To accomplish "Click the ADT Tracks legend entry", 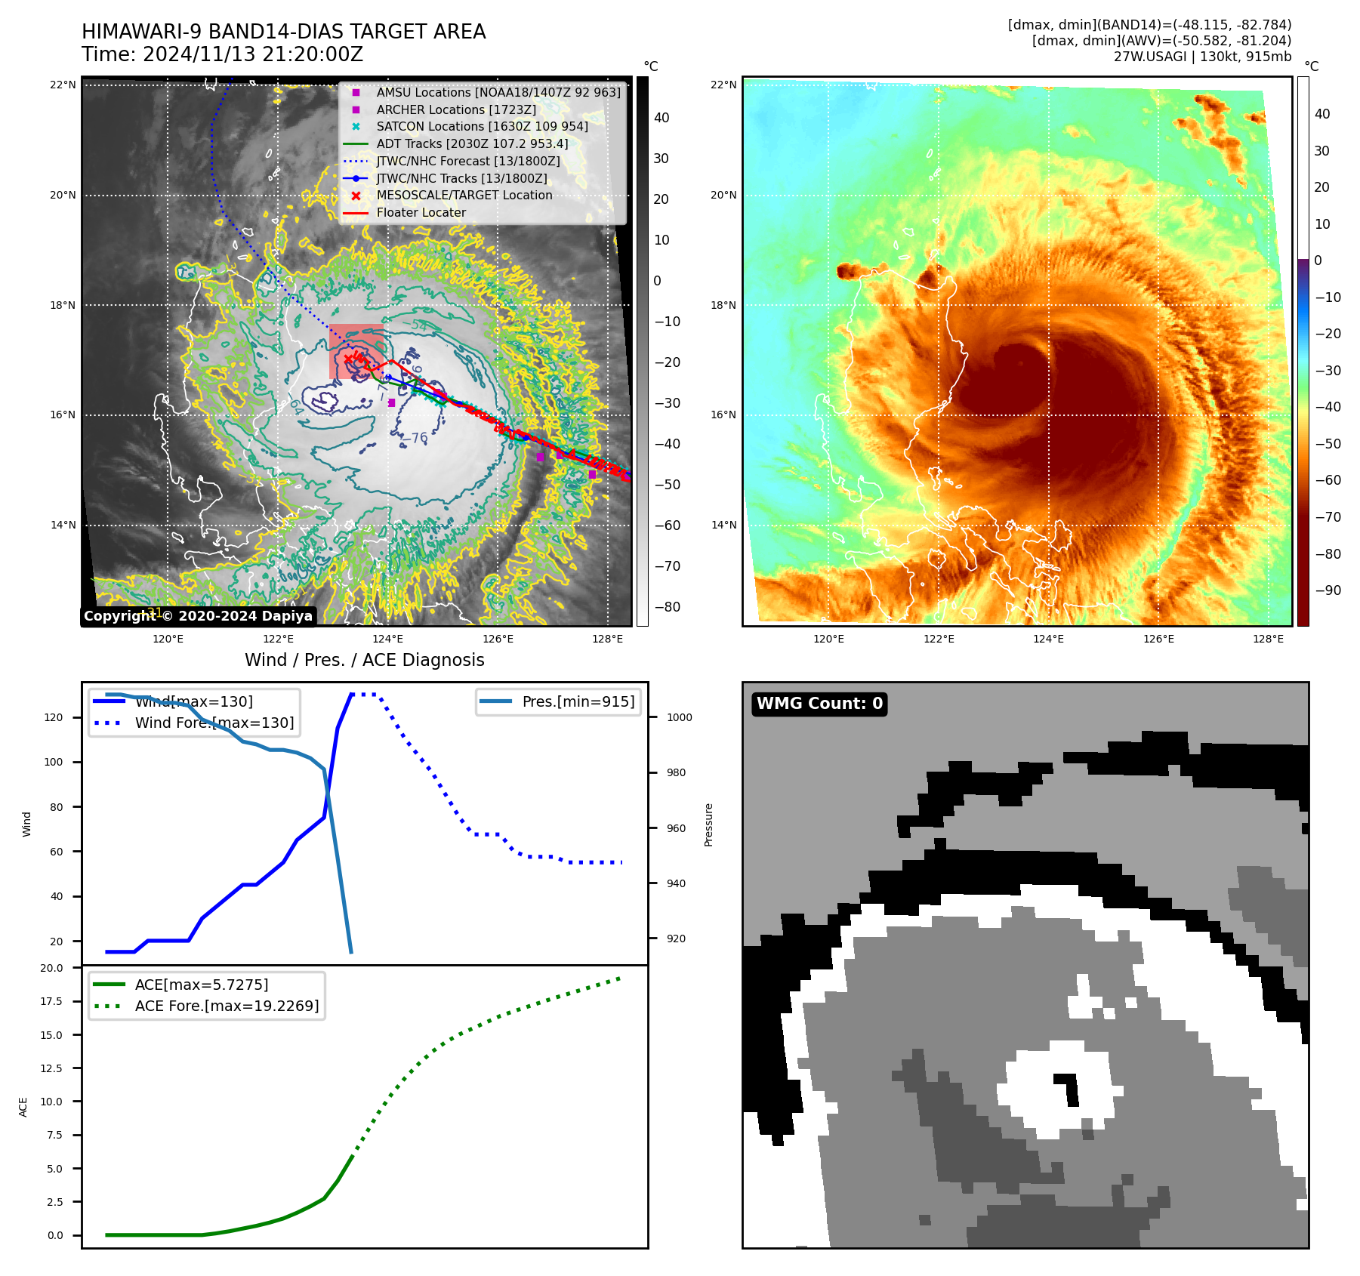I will (472, 143).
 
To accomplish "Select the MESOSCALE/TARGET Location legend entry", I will (464, 195).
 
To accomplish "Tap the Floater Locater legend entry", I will (421, 212).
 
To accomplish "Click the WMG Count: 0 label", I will (819, 704).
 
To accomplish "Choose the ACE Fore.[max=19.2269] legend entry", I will (227, 1006).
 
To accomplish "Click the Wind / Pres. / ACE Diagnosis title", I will (365, 660).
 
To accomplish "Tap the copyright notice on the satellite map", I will (198, 616).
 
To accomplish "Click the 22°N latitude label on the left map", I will (63, 85).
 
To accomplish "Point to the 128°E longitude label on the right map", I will (1268, 639).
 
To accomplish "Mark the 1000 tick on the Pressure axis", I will (679, 717).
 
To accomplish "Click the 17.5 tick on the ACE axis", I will (51, 1001).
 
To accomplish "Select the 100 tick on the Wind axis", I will (54, 762).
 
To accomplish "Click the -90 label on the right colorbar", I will (1328, 590).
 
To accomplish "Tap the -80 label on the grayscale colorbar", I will (667, 607).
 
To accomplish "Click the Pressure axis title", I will (708, 824).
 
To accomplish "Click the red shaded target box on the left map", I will (356, 351).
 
